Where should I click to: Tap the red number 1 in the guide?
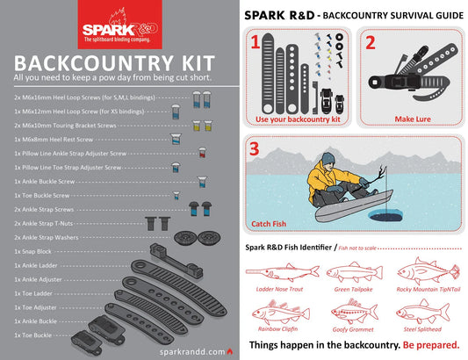pyautogui.click(x=255, y=42)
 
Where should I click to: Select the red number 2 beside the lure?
pyautogui.click(x=371, y=42)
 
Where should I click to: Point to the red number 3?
pyautogui.click(x=256, y=148)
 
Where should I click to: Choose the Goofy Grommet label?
pyautogui.click(x=351, y=328)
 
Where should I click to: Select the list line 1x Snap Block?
pyautogui.click(x=34, y=250)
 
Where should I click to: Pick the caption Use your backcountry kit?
pyautogui.click(x=297, y=119)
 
